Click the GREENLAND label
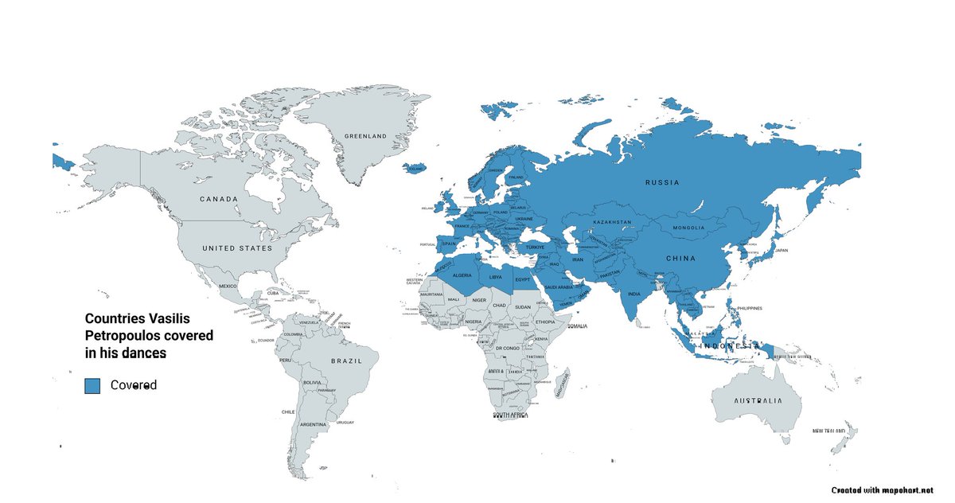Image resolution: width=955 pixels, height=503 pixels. tap(365, 136)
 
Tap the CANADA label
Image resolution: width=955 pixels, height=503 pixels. tap(219, 199)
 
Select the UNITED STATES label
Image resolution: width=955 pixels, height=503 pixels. tap(237, 248)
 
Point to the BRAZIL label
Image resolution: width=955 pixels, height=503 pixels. tap(346, 361)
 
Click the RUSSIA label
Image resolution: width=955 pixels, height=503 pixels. tap(662, 182)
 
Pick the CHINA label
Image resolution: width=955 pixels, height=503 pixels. tap(681, 258)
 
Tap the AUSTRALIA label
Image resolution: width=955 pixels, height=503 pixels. tap(758, 401)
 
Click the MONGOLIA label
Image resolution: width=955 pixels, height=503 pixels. tap(689, 228)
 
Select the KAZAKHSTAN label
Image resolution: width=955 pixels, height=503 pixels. tap(613, 221)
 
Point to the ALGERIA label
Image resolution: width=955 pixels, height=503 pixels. tap(462, 275)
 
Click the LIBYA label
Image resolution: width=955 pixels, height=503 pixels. tap(495, 278)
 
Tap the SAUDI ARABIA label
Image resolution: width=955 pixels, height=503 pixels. tap(559, 287)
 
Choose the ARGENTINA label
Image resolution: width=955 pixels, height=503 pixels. tap(313, 425)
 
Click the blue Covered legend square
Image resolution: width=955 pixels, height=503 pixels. tap(92, 385)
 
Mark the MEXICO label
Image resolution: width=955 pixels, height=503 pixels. tap(228, 286)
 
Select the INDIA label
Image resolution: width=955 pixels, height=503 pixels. tap(633, 294)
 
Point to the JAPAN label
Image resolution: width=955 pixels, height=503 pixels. tap(781, 251)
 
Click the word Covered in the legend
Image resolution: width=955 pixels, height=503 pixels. tap(134, 385)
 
